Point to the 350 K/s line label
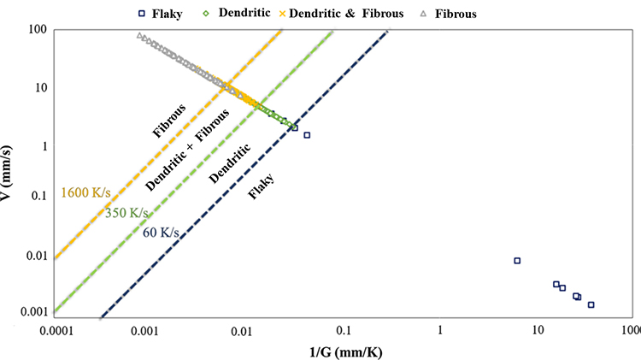(127, 213)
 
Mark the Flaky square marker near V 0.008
(517, 260)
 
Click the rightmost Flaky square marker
(591, 304)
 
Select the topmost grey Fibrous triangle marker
(139, 36)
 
